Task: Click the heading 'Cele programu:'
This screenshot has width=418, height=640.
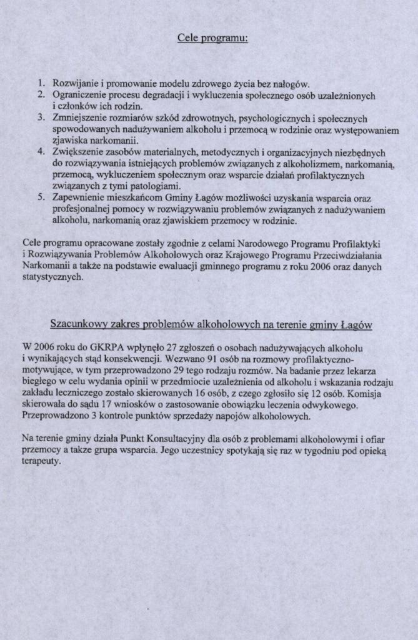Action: (213, 38)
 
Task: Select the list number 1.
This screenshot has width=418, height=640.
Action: (41, 84)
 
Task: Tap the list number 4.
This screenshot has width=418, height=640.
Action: (41, 152)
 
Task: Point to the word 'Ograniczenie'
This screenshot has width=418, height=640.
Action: (79, 96)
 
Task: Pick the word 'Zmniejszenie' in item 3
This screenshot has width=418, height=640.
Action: (80, 118)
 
